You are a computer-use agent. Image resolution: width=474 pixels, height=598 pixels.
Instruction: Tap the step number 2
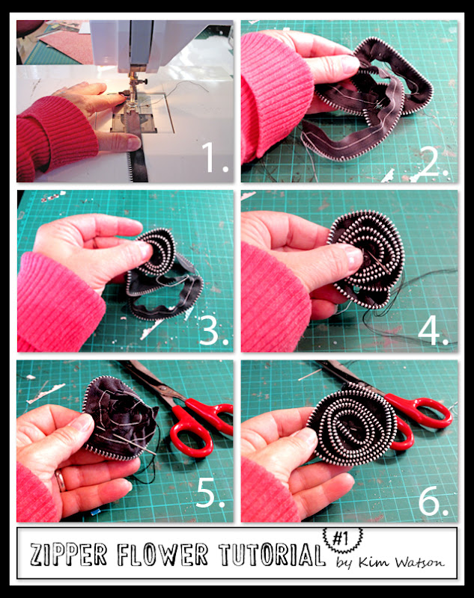coord(433,157)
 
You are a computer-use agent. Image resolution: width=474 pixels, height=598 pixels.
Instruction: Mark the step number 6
coord(433,499)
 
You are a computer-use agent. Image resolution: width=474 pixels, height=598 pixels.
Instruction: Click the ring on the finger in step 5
coord(60,481)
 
